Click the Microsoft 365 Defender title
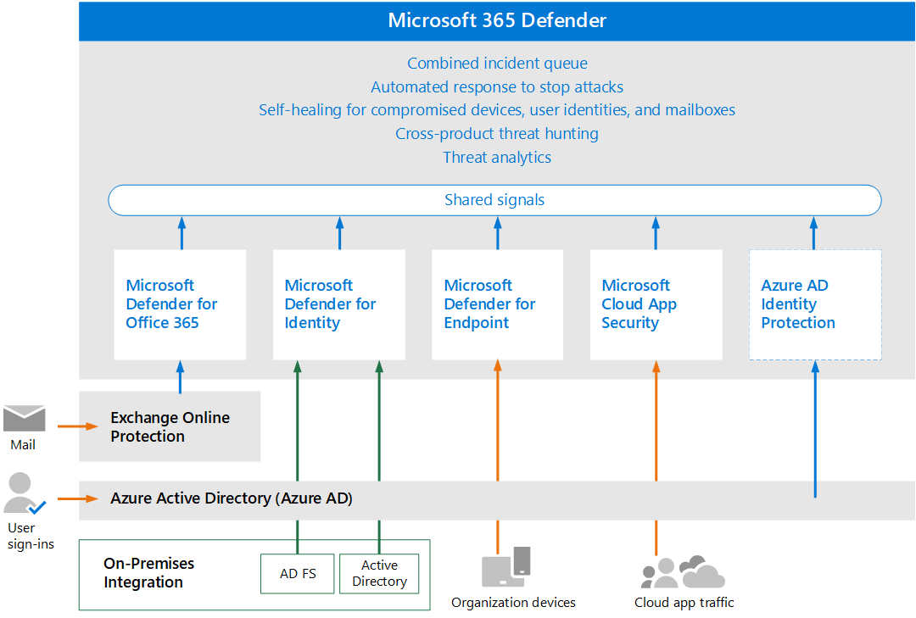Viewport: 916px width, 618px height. pos(497,20)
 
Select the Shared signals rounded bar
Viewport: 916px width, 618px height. pos(494,200)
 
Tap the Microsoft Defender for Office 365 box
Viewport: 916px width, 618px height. pos(180,304)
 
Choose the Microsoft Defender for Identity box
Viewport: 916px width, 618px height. pos(338,304)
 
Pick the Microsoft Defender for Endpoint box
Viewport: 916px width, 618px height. pos(497,304)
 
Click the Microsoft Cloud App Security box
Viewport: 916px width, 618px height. pos(656,304)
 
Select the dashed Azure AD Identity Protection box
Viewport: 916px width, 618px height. pos(814,304)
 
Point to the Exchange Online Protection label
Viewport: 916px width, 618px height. pos(170,427)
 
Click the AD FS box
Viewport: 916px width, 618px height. pos(298,573)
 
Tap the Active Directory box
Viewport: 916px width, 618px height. pos(379,573)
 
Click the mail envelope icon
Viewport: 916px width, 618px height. pos(24,419)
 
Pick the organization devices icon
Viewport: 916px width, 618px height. pos(506,566)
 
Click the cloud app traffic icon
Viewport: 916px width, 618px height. pos(683,572)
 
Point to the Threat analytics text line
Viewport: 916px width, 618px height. pos(497,158)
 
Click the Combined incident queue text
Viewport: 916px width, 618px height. pos(497,64)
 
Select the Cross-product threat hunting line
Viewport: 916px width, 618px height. pos(497,134)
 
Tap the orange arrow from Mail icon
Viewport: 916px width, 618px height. pos(78,426)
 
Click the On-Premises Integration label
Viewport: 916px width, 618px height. pos(148,573)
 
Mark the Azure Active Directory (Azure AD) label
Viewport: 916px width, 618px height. pos(232,498)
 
